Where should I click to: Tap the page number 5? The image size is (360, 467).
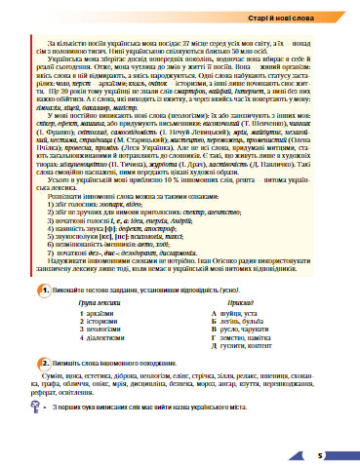point(332,453)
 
